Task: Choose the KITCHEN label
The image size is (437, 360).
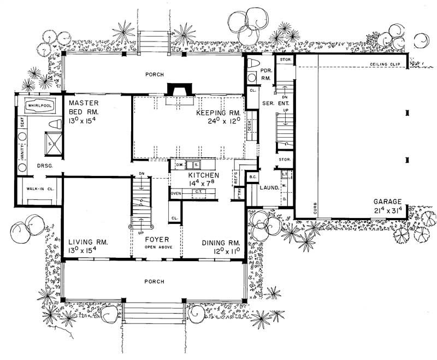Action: (204, 175)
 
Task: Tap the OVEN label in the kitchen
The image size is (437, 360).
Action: (176, 193)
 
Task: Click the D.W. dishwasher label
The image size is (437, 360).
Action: (179, 164)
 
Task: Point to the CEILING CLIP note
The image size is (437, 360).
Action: (386, 64)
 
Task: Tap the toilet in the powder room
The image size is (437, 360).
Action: (252, 66)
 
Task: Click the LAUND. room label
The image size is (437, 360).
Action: (270, 187)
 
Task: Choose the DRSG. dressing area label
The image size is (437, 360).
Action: (44, 165)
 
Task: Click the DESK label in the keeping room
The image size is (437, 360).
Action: (249, 126)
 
